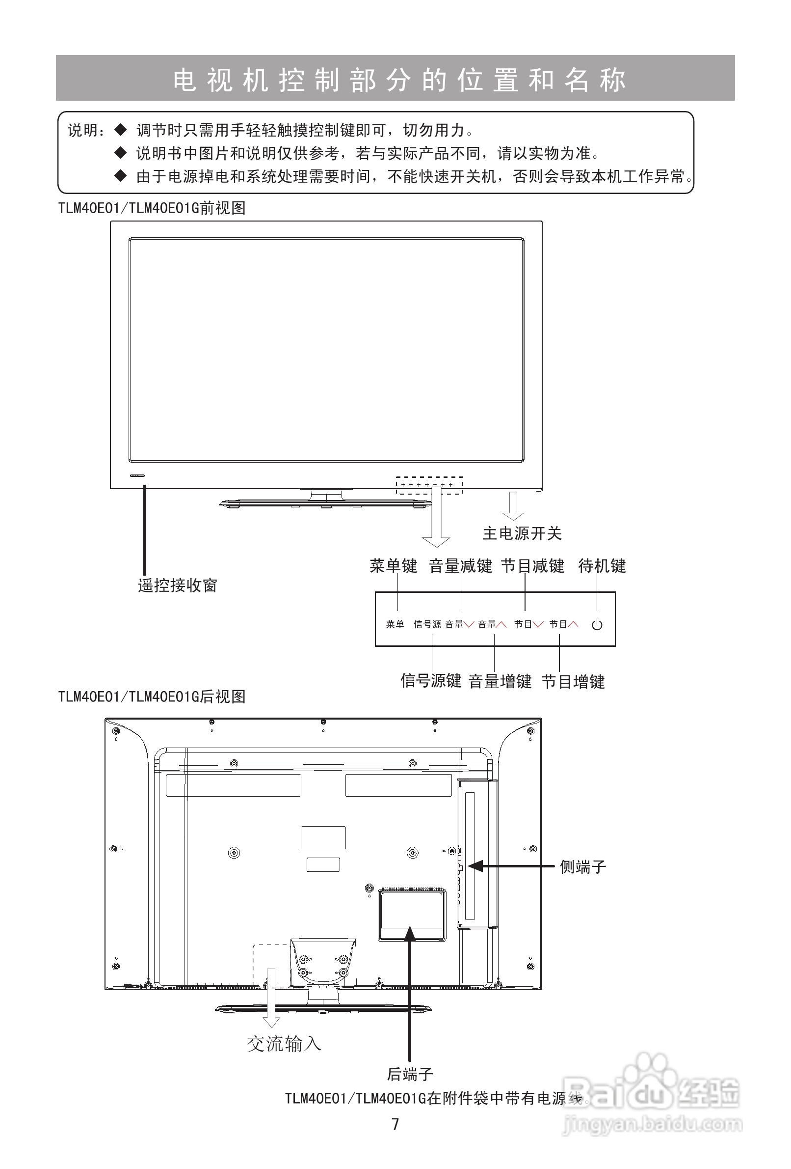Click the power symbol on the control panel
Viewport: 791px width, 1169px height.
[x=597, y=625]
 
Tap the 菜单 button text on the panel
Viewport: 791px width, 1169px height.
[x=395, y=624]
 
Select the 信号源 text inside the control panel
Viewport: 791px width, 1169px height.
[x=427, y=624]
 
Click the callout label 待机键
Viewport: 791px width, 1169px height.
[x=602, y=566]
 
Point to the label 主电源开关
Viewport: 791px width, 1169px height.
[x=522, y=533]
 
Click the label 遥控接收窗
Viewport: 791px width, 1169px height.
[x=178, y=585]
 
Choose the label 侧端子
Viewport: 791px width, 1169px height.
[x=583, y=867]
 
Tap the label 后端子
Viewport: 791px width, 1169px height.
[x=410, y=1074]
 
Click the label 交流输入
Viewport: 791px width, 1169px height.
[x=284, y=1044]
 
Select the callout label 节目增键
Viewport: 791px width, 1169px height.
[x=573, y=682]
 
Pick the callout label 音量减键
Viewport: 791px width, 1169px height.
[x=460, y=566]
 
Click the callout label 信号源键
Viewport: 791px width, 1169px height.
[x=431, y=681]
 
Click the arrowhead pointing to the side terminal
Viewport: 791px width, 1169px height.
[x=475, y=866]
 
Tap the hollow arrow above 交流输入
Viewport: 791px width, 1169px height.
[x=271, y=998]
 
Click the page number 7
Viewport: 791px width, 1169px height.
[x=395, y=1124]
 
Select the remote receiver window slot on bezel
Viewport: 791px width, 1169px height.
[x=137, y=475]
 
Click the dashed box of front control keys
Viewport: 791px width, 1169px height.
[x=429, y=485]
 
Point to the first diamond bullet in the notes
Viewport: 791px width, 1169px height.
[x=121, y=130]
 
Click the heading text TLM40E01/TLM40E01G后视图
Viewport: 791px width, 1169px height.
[x=152, y=696]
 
